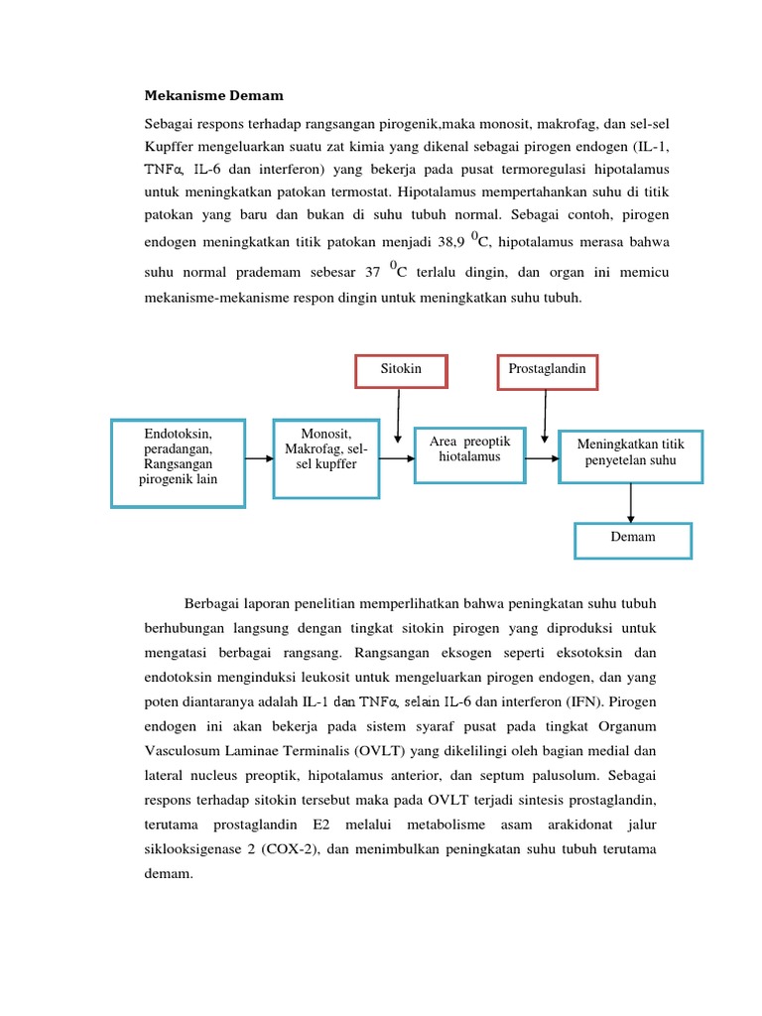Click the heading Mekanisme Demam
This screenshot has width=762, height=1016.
coord(213,96)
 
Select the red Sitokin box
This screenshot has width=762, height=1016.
coord(401,369)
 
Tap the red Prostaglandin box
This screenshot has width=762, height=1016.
coord(547,369)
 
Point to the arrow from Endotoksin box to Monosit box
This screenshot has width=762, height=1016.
coord(259,458)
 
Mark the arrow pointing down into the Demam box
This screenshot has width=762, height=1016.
coord(631,503)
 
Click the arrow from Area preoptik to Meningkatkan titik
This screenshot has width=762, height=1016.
coord(542,458)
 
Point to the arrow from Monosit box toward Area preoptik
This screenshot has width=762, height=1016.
coord(397,458)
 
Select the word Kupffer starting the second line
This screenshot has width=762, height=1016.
coord(171,148)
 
